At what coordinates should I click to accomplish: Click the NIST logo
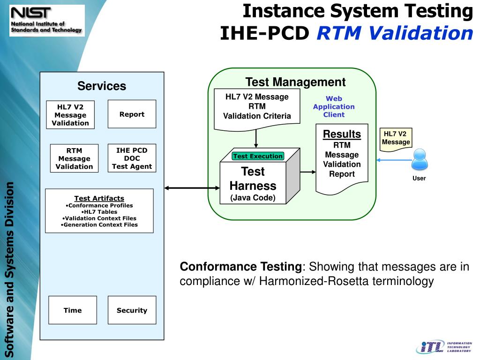click(x=46, y=20)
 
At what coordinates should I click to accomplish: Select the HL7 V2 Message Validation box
click(x=70, y=115)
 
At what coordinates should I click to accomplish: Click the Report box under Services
click(x=132, y=114)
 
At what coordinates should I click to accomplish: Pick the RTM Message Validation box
click(x=74, y=158)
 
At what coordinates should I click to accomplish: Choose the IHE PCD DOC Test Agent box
click(x=132, y=158)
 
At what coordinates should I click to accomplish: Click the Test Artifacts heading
click(x=99, y=198)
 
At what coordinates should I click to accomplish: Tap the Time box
click(x=73, y=310)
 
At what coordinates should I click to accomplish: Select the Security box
click(x=132, y=310)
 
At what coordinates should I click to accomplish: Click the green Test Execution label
click(x=258, y=156)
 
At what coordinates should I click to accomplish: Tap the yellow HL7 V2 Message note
click(x=396, y=139)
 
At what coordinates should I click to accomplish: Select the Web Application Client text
click(x=334, y=106)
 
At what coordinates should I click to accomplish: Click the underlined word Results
click(x=342, y=134)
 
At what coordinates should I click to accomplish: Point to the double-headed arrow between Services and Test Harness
click(x=192, y=188)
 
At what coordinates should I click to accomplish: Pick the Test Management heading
click(x=295, y=82)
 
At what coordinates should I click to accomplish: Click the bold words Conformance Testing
click(x=241, y=267)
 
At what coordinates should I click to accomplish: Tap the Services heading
click(x=102, y=86)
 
